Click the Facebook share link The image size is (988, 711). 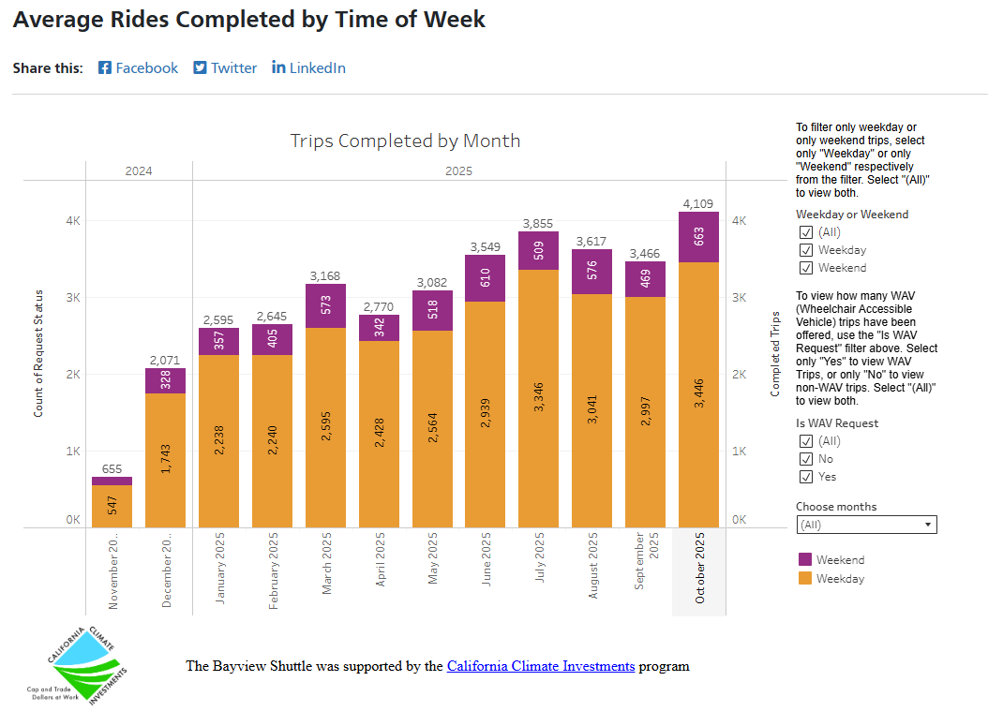click(x=138, y=67)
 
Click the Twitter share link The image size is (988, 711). click(x=225, y=67)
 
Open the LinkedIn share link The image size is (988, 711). click(x=308, y=67)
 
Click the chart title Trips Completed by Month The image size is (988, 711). click(x=405, y=141)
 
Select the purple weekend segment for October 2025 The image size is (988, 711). click(x=698, y=237)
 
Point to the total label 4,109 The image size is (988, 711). click(x=698, y=203)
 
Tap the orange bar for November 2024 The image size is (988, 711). click(x=112, y=506)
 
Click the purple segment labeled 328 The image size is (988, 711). click(x=165, y=380)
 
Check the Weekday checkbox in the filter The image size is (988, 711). click(x=805, y=250)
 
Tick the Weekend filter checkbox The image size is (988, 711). click(x=805, y=268)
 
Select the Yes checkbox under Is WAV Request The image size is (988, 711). click(x=805, y=477)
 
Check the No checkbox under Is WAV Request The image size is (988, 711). click(x=805, y=459)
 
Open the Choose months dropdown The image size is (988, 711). click(x=866, y=525)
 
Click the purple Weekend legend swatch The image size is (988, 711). click(x=804, y=559)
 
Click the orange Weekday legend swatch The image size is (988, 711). click(x=804, y=578)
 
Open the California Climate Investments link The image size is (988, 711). click(x=541, y=666)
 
